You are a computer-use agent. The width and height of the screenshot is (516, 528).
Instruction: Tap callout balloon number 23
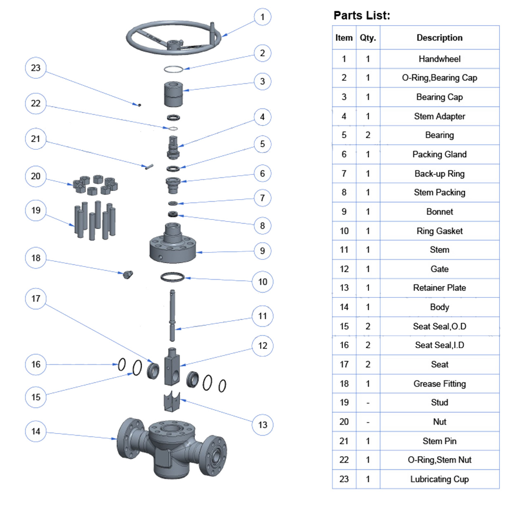point(36,68)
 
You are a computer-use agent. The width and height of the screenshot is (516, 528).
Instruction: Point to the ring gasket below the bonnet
point(173,277)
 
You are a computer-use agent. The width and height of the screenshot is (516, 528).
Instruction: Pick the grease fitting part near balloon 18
point(128,274)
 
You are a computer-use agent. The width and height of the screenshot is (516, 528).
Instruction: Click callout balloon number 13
point(263,425)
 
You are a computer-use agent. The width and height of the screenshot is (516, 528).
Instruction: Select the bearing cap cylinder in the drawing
point(173,94)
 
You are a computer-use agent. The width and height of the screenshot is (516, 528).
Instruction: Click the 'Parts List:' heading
point(362,16)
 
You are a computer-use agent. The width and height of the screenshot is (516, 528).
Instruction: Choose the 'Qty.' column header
point(368,38)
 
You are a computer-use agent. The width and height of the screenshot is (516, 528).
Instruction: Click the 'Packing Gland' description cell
point(439,154)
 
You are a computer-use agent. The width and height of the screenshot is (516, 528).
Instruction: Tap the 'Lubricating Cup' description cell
point(439,479)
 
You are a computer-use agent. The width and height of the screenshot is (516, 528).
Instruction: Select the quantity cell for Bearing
point(368,135)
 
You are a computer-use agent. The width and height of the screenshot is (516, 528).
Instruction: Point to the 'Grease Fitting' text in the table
point(439,384)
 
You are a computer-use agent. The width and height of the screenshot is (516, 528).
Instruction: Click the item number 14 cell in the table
point(344,307)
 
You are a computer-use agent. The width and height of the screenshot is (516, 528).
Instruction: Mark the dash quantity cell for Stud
point(368,403)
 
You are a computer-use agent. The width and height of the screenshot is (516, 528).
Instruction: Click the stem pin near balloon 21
point(149,167)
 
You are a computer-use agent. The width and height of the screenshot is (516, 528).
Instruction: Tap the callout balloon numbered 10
point(263,282)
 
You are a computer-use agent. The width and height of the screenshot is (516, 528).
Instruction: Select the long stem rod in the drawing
point(172,316)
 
